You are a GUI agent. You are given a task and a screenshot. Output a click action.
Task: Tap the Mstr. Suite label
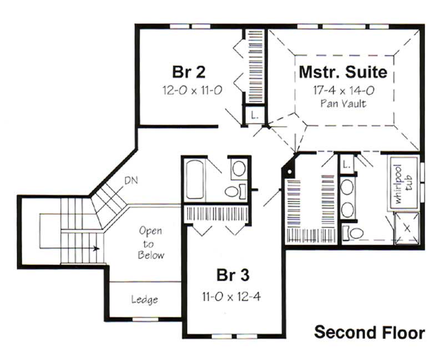click(x=343, y=73)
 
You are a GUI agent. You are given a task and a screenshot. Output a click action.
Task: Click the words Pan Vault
click(x=343, y=104)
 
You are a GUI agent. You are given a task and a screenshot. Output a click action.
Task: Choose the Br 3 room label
click(x=231, y=276)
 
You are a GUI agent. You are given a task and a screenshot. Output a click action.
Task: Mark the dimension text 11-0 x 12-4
click(x=231, y=296)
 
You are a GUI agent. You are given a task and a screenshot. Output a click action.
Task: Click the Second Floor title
click(x=370, y=332)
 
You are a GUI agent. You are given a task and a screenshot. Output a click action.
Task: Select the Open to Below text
click(x=152, y=242)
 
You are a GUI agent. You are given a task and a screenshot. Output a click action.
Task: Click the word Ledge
click(x=144, y=300)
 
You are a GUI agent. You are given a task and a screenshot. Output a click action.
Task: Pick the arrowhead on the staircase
click(x=97, y=248)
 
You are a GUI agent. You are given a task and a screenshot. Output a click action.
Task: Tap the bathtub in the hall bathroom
click(x=195, y=180)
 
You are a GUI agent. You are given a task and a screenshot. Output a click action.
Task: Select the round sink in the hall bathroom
click(x=239, y=168)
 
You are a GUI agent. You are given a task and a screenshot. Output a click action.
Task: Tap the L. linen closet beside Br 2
click(x=254, y=115)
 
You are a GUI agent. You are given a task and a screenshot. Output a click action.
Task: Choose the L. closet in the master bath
click(x=347, y=164)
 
